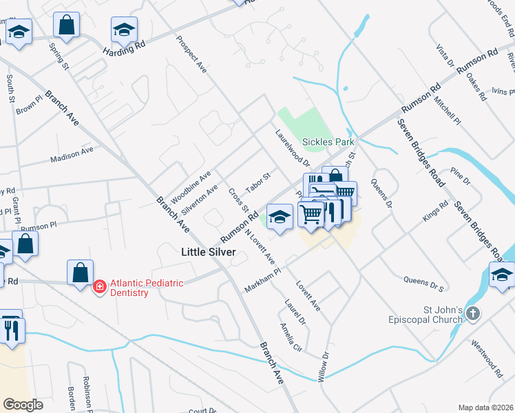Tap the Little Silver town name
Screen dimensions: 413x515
click(x=208, y=252)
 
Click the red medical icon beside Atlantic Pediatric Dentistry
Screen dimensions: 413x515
click(x=99, y=286)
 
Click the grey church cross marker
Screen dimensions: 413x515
click(x=472, y=314)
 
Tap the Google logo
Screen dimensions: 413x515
click(x=23, y=405)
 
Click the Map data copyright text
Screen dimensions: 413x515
click(x=486, y=407)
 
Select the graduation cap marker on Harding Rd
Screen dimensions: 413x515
click(x=124, y=30)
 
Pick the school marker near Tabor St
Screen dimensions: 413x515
click(x=280, y=216)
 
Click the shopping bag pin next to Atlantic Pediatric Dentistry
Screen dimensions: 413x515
click(x=80, y=271)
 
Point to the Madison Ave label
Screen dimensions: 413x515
click(x=72, y=154)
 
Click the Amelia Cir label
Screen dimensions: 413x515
click(x=291, y=337)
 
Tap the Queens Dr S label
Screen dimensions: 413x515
click(x=423, y=282)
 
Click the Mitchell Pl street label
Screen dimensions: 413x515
click(x=448, y=109)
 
